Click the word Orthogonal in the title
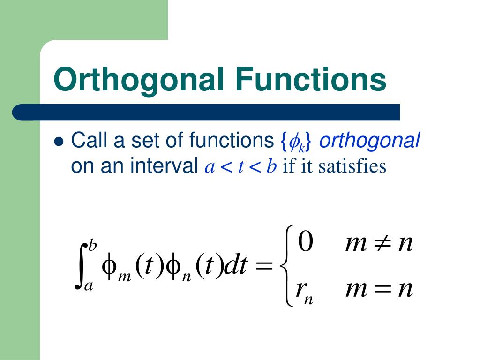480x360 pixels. pyautogui.click(x=139, y=79)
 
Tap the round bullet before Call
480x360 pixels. pyautogui.click(x=59, y=141)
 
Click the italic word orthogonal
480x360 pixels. pyautogui.click(x=369, y=141)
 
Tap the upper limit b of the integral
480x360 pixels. pyautogui.click(x=93, y=245)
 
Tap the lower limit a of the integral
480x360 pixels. pyautogui.click(x=89, y=285)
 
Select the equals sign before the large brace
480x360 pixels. pyautogui.click(x=264, y=267)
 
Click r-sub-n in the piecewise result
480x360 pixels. pyautogui.click(x=304, y=291)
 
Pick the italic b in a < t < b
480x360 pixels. pyautogui.click(x=270, y=166)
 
